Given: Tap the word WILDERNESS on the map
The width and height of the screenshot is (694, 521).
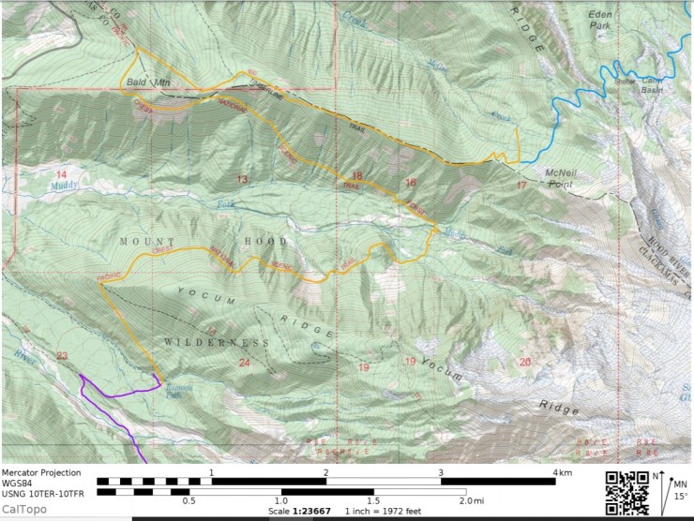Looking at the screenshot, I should pos(217,343).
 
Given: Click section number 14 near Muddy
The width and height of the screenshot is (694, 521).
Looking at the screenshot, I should pos(62,175).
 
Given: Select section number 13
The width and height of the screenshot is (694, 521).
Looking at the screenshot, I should pos(242,178).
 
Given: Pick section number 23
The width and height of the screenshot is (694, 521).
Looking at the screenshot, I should pos(62,355).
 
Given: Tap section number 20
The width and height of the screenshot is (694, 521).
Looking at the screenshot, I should pos(524,362).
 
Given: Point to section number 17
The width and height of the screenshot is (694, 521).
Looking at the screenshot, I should pos(521,186).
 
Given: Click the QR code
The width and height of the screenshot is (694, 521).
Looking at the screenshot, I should pos(627,492).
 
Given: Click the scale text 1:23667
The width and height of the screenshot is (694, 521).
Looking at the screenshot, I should pos(320,512).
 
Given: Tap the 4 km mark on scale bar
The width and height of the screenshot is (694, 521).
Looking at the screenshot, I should pos(562,472).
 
